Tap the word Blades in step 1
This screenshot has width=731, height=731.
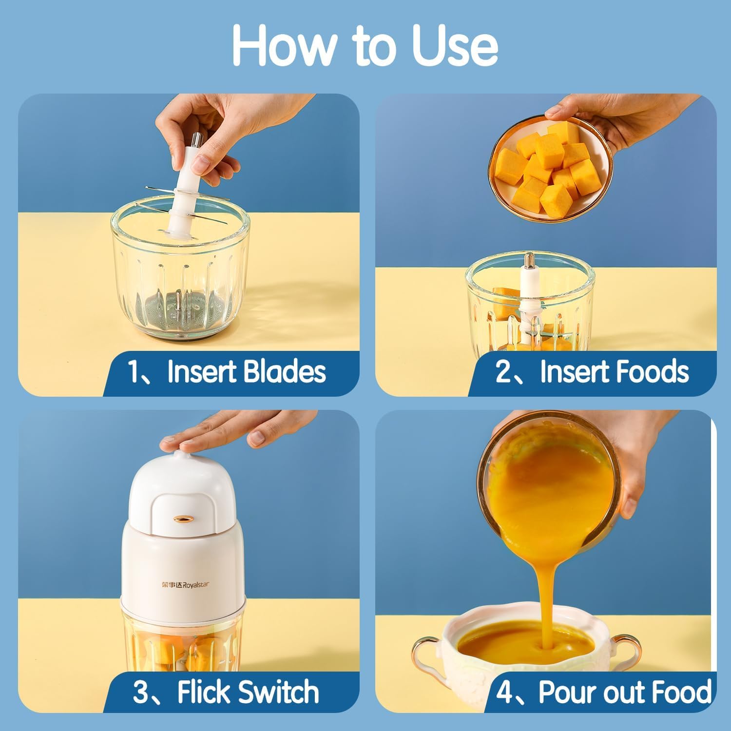tap(284, 372)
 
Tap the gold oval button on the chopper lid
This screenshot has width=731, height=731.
tap(182, 519)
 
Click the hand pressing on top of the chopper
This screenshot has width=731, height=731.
tap(229, 431)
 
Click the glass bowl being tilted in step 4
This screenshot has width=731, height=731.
tap(551, 482)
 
